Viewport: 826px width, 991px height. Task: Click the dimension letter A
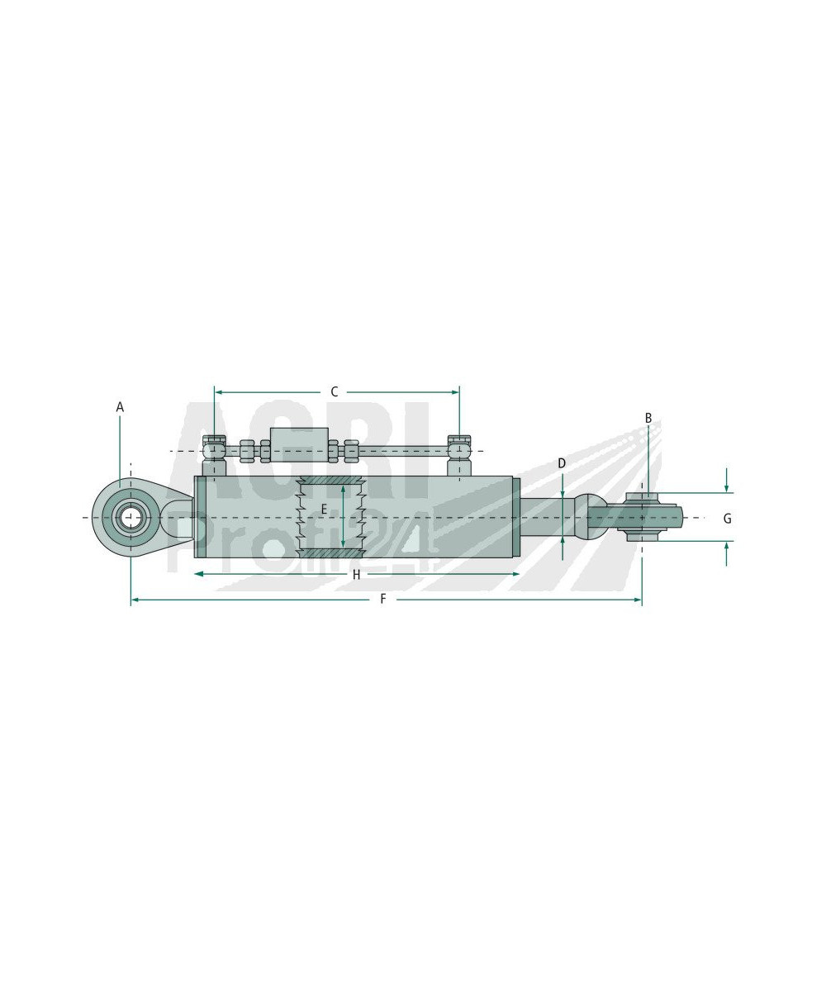[x=120, y=407]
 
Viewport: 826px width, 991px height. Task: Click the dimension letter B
[x=648, y=418]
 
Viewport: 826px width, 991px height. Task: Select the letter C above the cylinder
[x=335, y=392]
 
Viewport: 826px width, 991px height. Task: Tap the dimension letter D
[x=562, y=463]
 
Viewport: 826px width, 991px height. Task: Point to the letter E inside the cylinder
[x=324, y=510]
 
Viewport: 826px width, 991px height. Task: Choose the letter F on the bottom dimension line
[x=383, y=600]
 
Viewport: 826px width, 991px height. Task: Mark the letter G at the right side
[x=727, y=519]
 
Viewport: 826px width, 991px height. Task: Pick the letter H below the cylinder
[x=357, y=575]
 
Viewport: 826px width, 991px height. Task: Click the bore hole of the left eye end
[x=130, y=517]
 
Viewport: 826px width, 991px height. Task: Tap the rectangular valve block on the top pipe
[x=299, y=445]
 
